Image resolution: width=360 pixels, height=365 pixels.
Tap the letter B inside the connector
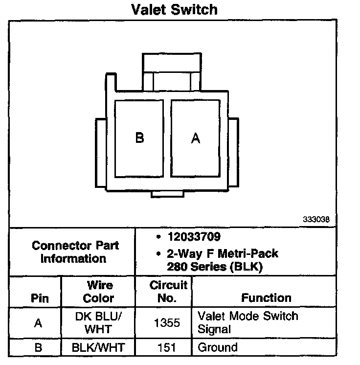pos(140,138)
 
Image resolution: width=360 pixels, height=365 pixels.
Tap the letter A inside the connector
pos(196,139)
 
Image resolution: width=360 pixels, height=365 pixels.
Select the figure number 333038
pos(316,220)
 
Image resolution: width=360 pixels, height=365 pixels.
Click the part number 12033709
pos(193,237)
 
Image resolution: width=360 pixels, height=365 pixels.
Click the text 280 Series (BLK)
pos(215,267)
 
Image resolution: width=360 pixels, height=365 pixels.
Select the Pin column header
pos(40,298)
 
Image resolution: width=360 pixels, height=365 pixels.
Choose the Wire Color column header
pos(98,292)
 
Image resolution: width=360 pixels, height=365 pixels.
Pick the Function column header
pos(266,298)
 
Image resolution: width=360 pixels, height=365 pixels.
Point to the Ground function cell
pos(217,348)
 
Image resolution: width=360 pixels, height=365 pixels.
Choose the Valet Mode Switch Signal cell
pos(247,322)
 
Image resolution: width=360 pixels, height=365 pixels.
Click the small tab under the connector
pos(168,194)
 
